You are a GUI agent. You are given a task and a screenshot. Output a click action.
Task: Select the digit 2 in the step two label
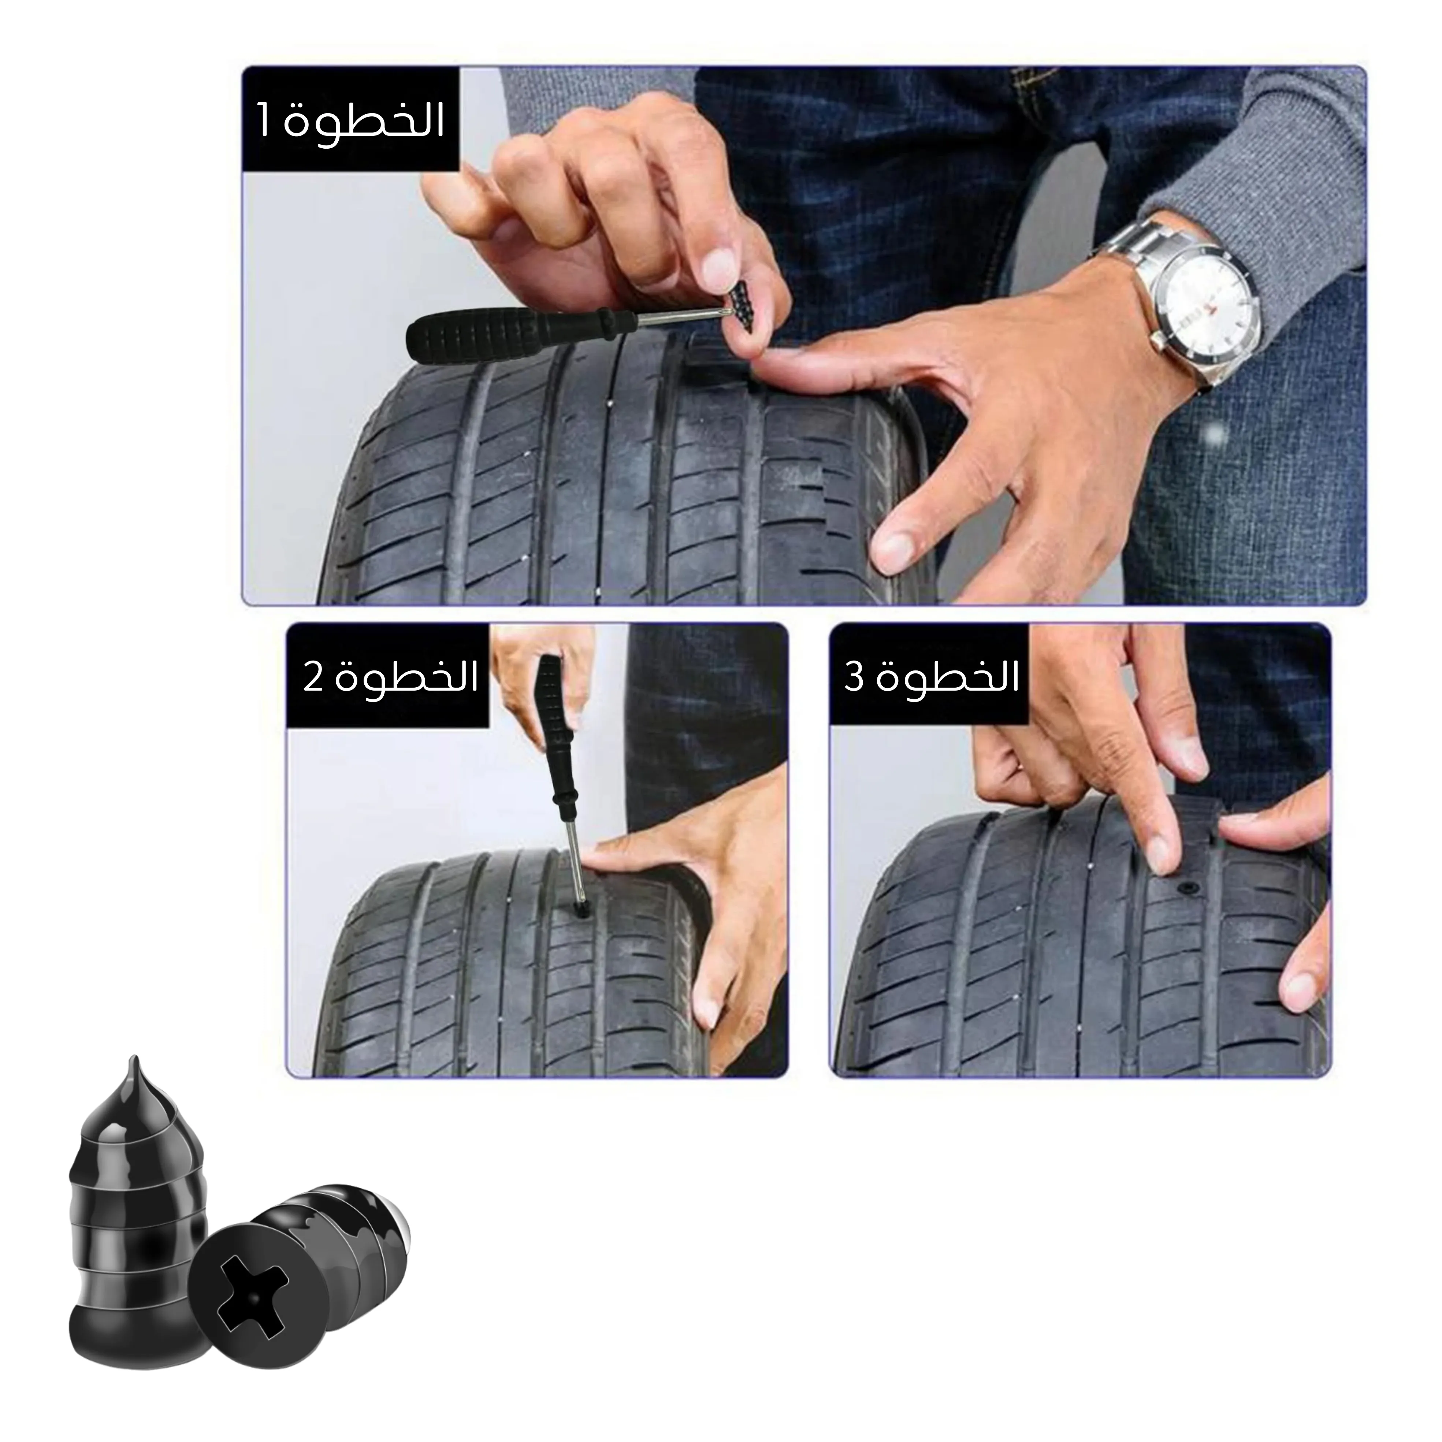(x=312, y=679)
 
